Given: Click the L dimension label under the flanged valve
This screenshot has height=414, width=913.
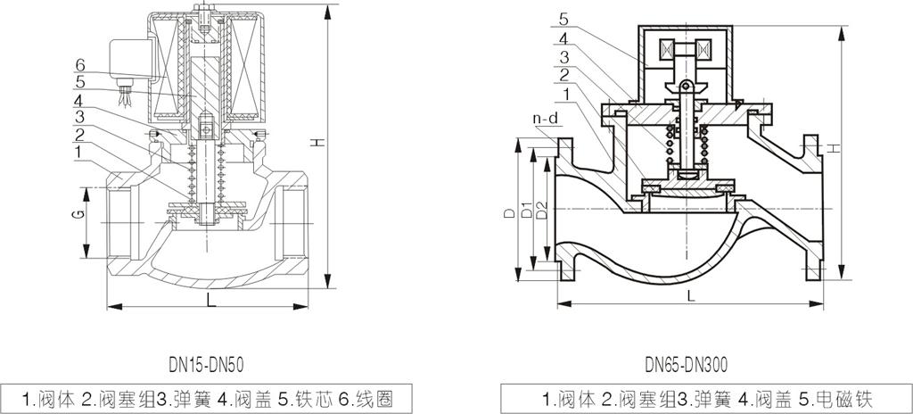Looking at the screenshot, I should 691,296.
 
